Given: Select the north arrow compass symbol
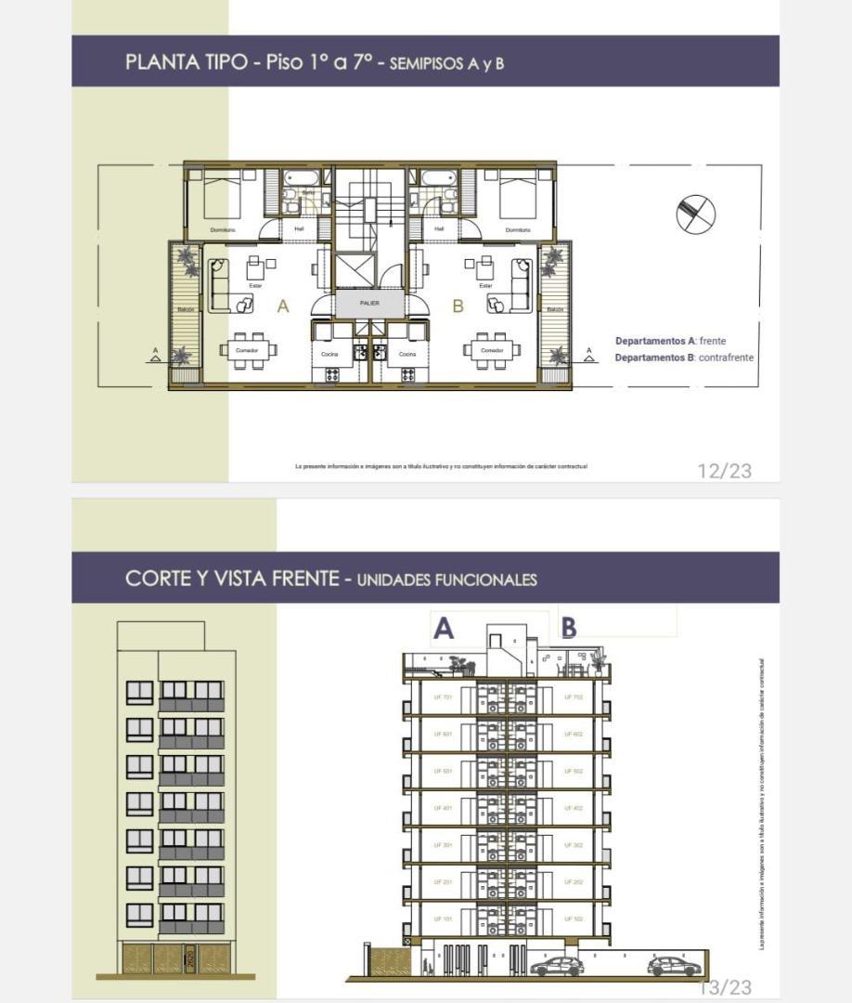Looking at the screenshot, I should pyautogui.click(x=695, y=214).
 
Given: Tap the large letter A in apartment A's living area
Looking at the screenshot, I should pyautogui.click(x=283, y=306).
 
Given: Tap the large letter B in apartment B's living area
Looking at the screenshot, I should pyautogui.click(x=458, y=306).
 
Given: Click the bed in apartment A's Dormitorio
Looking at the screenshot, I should pyautogui.click(x=222, y=197).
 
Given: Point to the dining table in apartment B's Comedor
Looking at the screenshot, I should pyautogui.click(x=492, y=350).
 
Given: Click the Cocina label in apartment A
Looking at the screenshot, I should pyautogui.click(x=330, y=354).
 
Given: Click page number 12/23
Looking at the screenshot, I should pyautogui.click(x=724, y=471).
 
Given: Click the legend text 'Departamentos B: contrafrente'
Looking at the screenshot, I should pyautogui.click(x=684, y=358).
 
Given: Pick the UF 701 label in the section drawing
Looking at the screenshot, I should pyautogui.click(x=443, y=697).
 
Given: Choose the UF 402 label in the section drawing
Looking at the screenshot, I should pyautogui.click(x=573, y=808).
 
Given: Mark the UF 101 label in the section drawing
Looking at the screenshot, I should pyautogui.click(x=443, y=918).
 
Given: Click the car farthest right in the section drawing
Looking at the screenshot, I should pyautogui.click(x=674, y=966).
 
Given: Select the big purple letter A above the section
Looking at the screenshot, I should pyautogui.click(x=444, y=629).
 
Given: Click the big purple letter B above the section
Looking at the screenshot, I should pyautogui.click(x=568, y=629).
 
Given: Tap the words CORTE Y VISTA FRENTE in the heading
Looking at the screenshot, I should pyautogui.click(x=232, y=579).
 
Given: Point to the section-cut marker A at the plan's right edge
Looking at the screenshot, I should pyautogui.click(x=588, y=352).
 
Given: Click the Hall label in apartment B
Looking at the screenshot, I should pyautogui.click(x=439, y=228).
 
